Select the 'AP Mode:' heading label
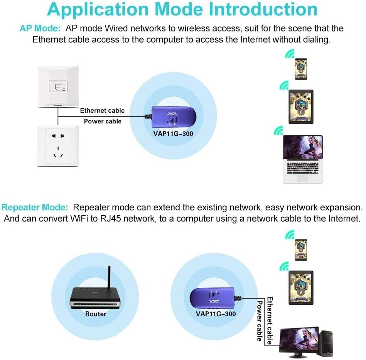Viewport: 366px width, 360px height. tap(40, 29)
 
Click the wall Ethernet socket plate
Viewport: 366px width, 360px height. tap(58, 86)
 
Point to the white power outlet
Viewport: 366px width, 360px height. tap(58, 146)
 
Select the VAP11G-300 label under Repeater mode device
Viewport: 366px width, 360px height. tap(216, 314)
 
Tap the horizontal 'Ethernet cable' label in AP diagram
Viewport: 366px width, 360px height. tap(102, 111)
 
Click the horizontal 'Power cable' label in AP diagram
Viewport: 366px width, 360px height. tap(103, 121)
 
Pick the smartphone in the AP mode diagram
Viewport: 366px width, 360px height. tap(301, 69)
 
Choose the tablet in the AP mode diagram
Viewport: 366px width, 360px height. tap(301, 107)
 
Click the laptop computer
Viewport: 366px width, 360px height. tap(303, 158)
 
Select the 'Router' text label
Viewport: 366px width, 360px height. tap(96, 314)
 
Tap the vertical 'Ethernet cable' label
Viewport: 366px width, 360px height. tap(270, 320)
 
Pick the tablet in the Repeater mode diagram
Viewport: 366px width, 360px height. tap(300, 287)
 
